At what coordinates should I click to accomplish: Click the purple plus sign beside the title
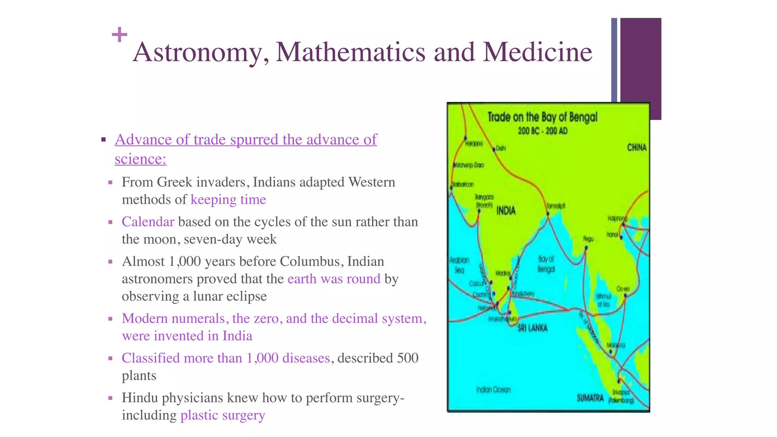click(x=120, y=35)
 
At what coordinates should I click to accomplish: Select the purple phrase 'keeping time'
click(x=228, y=200)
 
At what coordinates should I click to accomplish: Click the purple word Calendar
click(x=148, y=222)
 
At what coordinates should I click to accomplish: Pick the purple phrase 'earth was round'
click(x=334, y=279)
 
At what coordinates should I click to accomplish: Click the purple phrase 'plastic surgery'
click(x=223, y=415)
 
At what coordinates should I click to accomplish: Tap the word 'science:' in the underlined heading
click(x=140, y=159)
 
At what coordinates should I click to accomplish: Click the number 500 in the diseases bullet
click(x=407, y=358)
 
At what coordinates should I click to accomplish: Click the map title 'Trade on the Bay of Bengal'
click(x=542, y=117)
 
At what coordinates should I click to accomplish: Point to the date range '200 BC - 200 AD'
click(x=543, y=131)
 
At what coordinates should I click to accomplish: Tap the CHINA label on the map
click(x=637, y=147)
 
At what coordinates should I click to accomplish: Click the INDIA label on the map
click(x=506, y=211)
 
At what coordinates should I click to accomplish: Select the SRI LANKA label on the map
click(x=532, y=328)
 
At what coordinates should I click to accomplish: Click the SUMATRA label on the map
click(x=590, y=398)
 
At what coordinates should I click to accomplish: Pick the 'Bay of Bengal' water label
click(x=546, y=264)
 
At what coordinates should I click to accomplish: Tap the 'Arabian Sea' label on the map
click(x=459, y=265)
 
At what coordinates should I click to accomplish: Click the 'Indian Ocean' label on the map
click(x=493, y=390)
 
